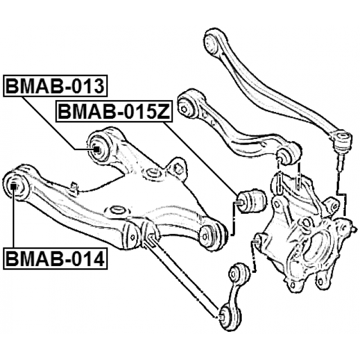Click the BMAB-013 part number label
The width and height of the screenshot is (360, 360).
(x=55, y=86)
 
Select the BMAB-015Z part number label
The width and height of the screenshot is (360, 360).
(x=114, y=112)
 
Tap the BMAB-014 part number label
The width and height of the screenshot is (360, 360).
(x=55, y=259)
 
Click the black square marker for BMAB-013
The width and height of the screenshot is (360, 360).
(x=97, y=150)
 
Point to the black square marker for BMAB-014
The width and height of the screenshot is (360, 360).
(x=13, y=186)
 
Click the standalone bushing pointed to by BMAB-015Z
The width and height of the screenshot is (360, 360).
(x=252, y=201)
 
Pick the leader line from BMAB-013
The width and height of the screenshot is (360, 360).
(x=58, y=123)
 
